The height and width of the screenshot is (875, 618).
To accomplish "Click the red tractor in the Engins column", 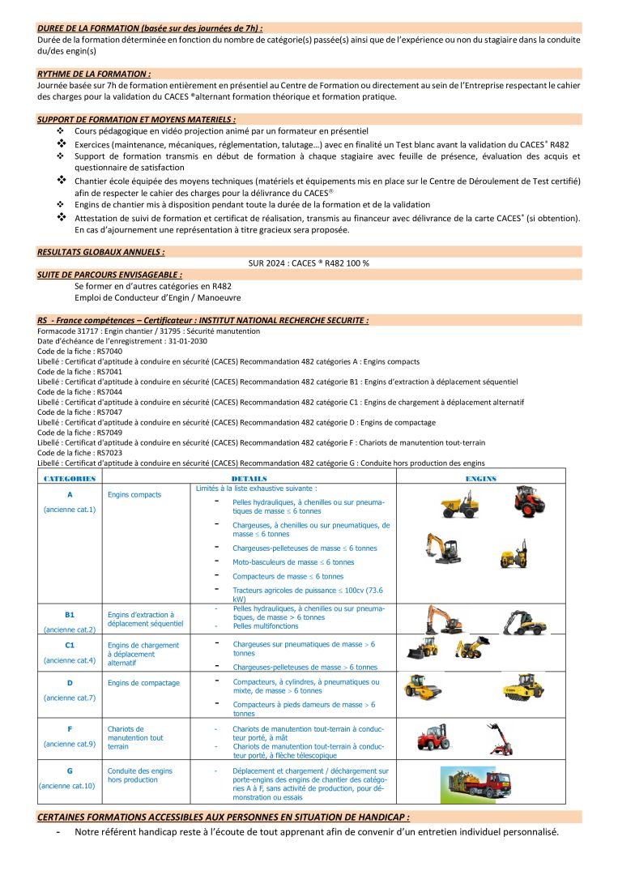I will coord(527,502).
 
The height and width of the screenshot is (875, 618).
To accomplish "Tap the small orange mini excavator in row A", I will coord(444,548).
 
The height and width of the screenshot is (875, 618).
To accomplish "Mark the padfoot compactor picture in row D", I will coord(519,689).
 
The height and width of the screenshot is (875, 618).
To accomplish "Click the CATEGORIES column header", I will coord(70,479).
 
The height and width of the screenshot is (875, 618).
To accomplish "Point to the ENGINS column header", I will coord(480,479).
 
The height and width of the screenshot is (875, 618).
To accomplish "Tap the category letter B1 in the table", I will coord(70,615).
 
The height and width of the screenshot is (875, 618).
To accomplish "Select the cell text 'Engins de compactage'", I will coord(143,683).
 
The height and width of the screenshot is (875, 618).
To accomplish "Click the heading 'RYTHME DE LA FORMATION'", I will coord(94,73).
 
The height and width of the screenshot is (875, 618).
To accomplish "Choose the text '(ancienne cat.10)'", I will coord(66,785).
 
